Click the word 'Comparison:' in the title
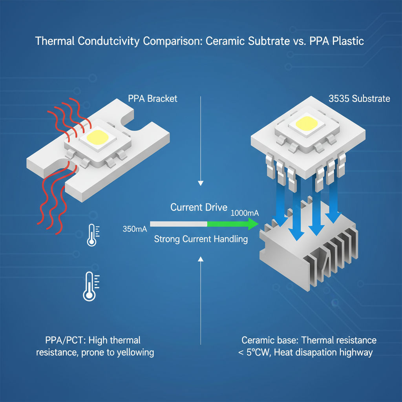pyautogui.click(x=171, y=41)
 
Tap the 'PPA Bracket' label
pyautogui.click(x=153, y=98)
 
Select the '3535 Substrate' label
pyautogui.click(x=359, y=98)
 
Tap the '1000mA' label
pyautogui.click(x=244, y=213)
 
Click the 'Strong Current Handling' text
pyautogui.click(x=201, y=239)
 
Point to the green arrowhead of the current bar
pyautogui.click(x=252, y=224)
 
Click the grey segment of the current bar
pyautogui.click(x=179, y=224)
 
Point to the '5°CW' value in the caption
pyautogui.click(x=257, y=352)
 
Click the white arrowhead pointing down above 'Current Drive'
pyautogui.click(x=201, y=183)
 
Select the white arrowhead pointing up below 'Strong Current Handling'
pyautogui.click(x=201, y=258)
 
